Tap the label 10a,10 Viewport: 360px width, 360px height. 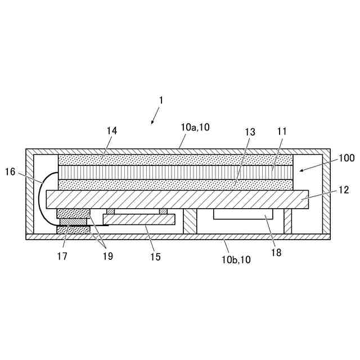pos(195,128)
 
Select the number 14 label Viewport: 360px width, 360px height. pos(111,130)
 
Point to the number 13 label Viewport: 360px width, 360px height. pos(250,132)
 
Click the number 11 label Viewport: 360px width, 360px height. pos(282,131)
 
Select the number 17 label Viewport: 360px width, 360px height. pos(62,256)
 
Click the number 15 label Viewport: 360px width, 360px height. pos(155,257)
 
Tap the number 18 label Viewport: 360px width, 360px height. pos(276,253)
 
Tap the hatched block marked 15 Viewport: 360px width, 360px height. pos(139,219)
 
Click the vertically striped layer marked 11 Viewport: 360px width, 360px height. pos(175,172)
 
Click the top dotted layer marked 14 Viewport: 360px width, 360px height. pos(175,159)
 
